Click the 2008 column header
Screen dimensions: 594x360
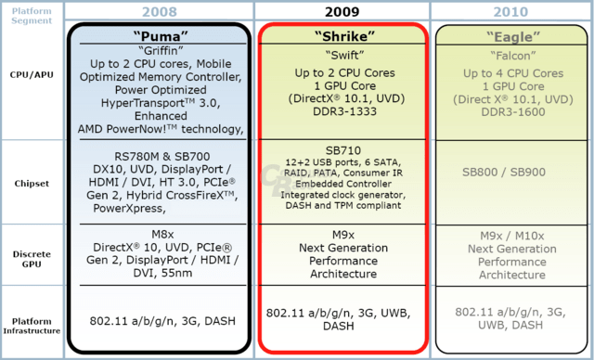click(160, 12)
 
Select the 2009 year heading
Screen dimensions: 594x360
click(342, 12)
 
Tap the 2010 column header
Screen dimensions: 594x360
click(510, 12)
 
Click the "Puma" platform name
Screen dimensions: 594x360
click(161, 36)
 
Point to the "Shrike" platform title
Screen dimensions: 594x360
click(344, 36)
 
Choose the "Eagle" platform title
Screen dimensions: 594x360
click(513, 37)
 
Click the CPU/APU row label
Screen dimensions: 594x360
click(32, 74)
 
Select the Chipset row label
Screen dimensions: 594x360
click(32, 184)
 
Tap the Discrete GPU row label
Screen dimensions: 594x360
click(32, 259)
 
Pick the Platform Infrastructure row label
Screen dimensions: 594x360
click(32, 326)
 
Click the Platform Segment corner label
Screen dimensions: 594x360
click(32, 16)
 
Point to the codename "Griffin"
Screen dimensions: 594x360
click(161, 50)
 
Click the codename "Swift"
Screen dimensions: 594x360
click(344, 56)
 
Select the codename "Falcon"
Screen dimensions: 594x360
click(513, 56)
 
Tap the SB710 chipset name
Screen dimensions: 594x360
click(343, 150)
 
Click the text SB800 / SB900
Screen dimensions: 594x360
click(504, 173)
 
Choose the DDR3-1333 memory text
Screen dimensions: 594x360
click(344, 111)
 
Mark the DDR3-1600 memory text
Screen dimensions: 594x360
click(513, 112)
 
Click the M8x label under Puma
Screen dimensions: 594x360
click(163, 235)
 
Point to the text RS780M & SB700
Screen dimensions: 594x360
click(162, 157)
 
